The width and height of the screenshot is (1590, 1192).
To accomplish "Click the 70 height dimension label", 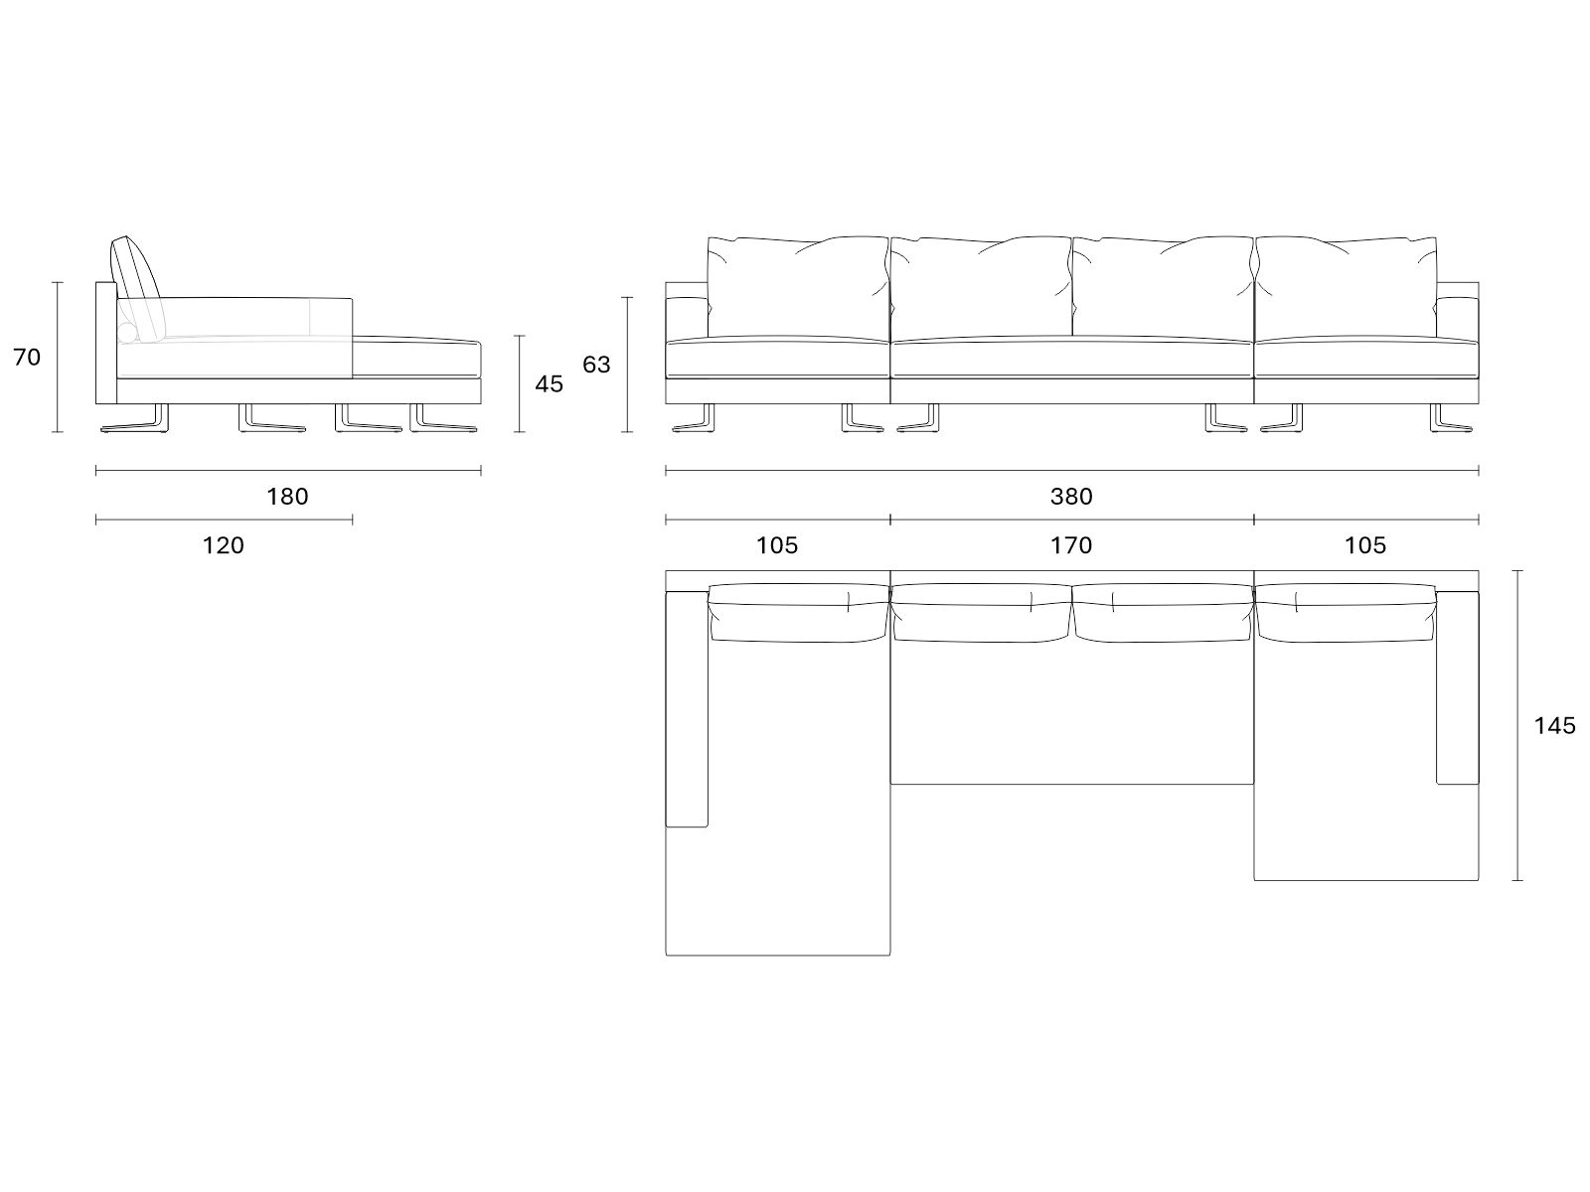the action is pos(27,358).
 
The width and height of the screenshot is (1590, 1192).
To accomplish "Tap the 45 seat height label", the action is pos(549,384).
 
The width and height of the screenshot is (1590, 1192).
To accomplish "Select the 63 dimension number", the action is pos(596,365).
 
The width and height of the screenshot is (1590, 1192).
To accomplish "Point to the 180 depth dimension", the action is pos(287,497).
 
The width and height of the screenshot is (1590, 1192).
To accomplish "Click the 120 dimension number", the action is pos(224,545).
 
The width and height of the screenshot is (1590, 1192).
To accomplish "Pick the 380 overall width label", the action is pos(1071,497).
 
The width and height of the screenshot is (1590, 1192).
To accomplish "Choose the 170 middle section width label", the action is pos(1071,545).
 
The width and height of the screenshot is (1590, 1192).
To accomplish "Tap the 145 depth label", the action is pos(1554,726).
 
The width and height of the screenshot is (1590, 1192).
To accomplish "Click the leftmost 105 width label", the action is pos(777,545).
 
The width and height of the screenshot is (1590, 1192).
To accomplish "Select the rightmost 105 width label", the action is pos(1365,545).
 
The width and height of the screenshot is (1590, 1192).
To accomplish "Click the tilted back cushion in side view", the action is pos(137,288).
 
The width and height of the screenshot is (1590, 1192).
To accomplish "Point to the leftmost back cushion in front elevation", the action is pos(798,287).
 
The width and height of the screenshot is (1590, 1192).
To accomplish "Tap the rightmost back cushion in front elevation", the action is pos(1346,287).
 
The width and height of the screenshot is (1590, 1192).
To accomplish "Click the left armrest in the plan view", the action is pos(686,709).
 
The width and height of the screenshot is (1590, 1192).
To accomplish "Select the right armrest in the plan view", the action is pos(1458,687).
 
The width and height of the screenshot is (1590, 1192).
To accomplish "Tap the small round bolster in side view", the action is pos(127,333).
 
